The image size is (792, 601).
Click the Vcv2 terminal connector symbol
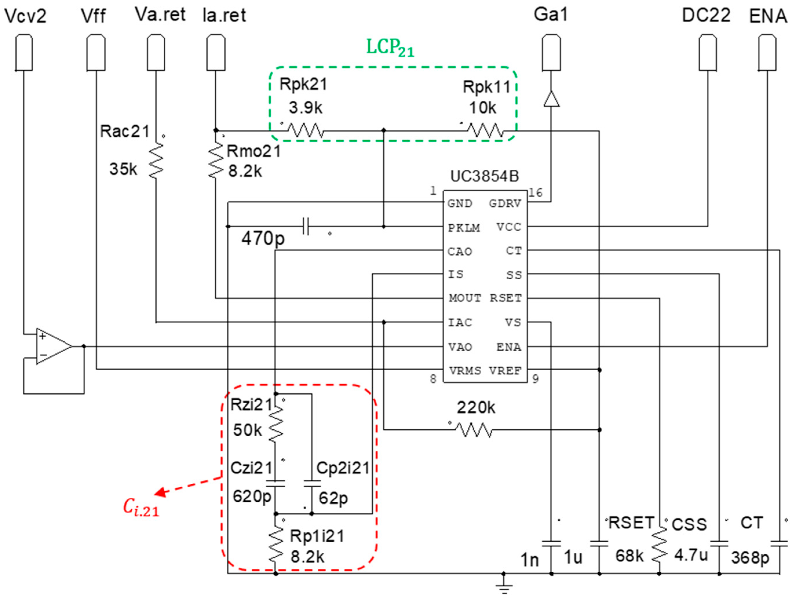[24, 52]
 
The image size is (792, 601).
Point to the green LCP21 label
[390, 47]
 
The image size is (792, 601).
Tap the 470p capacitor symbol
[306, 226]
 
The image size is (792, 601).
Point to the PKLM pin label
[464, 228]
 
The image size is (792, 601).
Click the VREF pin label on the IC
[505, 371]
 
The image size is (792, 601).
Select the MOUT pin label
[464, 298]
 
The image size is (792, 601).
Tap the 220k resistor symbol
[474, 430]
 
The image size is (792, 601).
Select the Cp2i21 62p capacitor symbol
[312, 483]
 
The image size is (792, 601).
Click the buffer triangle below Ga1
[551, 99]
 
